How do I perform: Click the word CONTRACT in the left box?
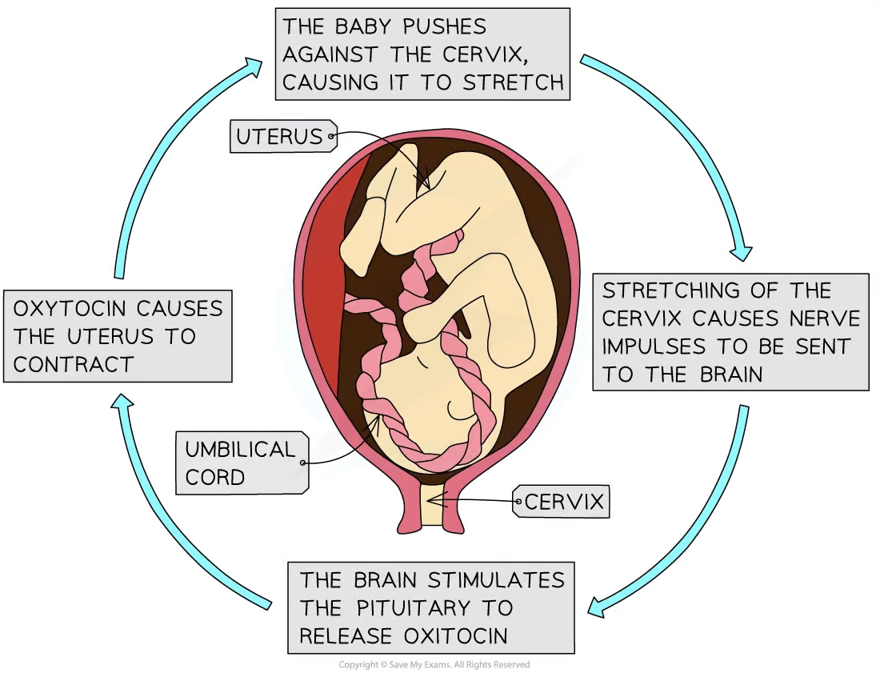point(73,365)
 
